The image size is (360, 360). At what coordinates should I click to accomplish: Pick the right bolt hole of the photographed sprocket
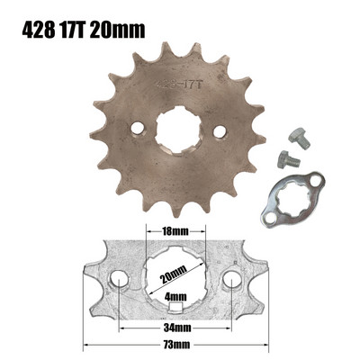[217, 134]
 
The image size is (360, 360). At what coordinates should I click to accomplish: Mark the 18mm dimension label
[176, 231]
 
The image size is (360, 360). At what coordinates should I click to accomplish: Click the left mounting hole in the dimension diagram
[120, 287]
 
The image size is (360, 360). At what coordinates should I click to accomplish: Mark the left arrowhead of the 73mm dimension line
[86, 344]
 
